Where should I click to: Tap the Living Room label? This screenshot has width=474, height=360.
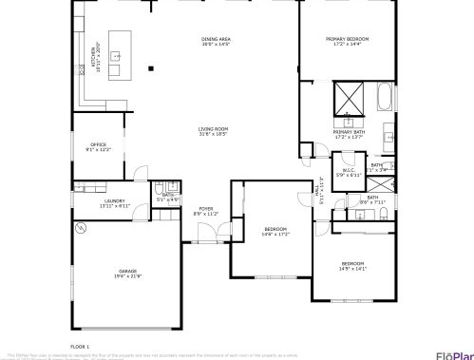pyautogui.click(x=213, y=131)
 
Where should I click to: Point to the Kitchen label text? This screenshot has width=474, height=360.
pyautogui.click(x=95, y=54)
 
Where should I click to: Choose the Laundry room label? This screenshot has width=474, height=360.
pyautogui.click(x=114, y=203)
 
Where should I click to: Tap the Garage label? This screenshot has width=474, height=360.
pyautogui.click(x=127, y=274)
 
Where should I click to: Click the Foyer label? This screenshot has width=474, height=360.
pyautogui.click(x=206, y=211)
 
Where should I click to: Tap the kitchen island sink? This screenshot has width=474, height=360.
pyautogui.click(x=117, y=57)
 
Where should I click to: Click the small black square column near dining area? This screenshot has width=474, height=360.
pyautogui.click(x=150, y=67)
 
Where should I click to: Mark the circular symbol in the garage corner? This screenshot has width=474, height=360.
pyautogui.click(x=80, y=228)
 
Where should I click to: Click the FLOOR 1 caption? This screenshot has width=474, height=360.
pyautogui.click(x=80, y=347)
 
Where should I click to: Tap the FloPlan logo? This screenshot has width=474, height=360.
pyautogui.click(x=454, y=355)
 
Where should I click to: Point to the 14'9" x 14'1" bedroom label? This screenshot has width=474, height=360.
pyautogui.click(x=352, y=266)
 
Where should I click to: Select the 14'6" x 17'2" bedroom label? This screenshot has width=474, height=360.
pyautogui.click(x=275, y=231)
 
